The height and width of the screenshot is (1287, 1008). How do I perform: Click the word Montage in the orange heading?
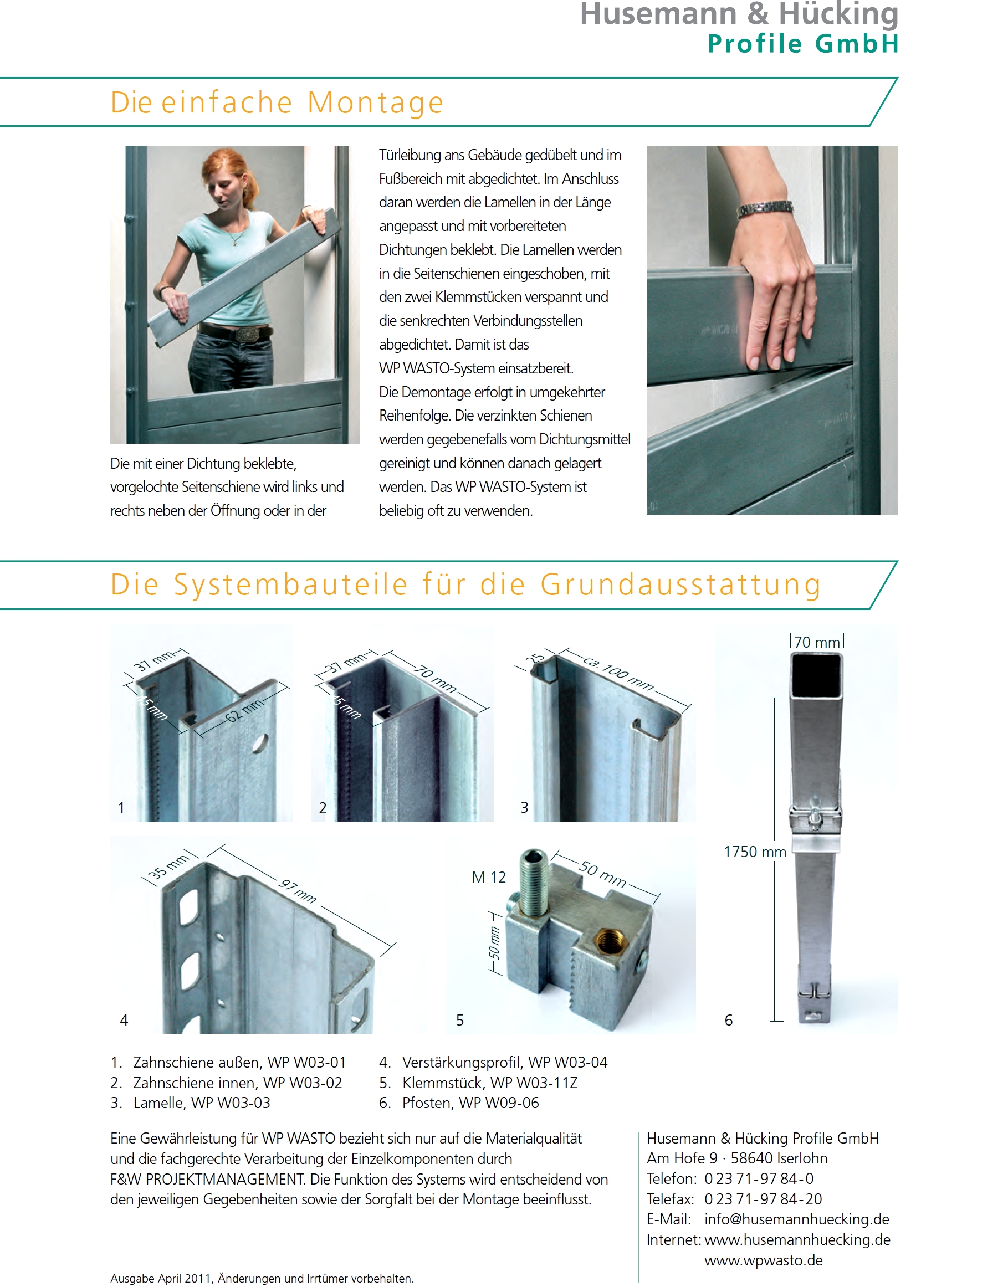(x=375, y=102)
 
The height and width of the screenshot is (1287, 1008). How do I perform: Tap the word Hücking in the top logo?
(x=838, y=14)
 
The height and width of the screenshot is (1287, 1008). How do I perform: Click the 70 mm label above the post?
(x=817, y=642)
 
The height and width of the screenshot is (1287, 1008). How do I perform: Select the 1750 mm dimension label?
(x=755, y=852)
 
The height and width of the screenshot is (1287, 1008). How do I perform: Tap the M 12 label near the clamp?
(x=489, y=878)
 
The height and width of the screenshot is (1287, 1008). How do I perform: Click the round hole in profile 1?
(x=260, y=744)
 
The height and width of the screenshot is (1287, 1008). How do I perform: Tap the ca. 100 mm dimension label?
(x=618, y=673)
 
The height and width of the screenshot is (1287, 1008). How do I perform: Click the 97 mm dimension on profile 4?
(x=298, y=891)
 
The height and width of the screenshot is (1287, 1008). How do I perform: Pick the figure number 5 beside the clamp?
(x=460, y=1020)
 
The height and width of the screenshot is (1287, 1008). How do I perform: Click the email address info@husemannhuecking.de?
(x=796, y=1219)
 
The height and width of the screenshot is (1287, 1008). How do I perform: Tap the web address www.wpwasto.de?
(x=763, y=1260)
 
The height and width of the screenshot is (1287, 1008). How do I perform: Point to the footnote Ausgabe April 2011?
(x=262, y=1278)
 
